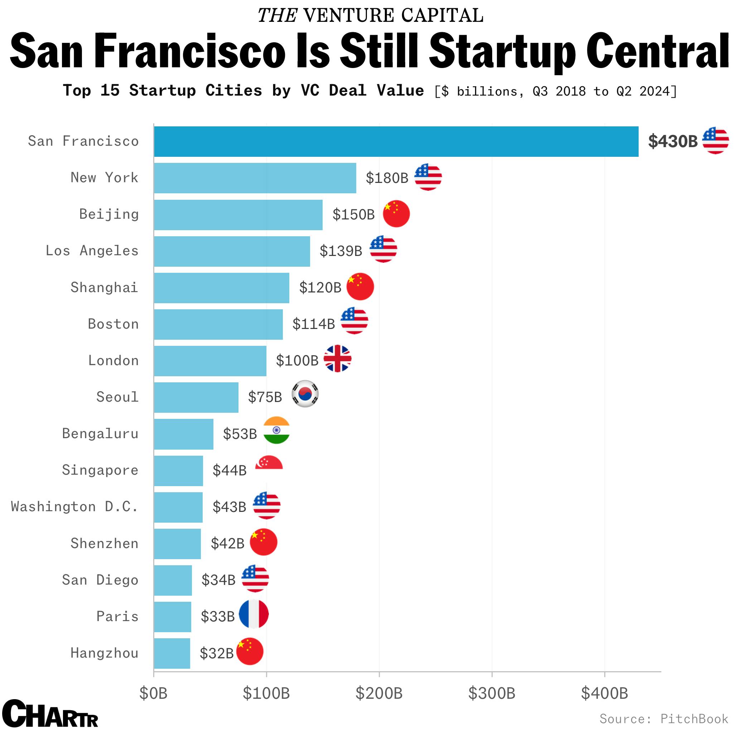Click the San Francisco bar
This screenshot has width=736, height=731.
[396, 141]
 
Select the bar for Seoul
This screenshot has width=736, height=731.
[196, 397]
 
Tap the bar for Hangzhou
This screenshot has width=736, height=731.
[172, 653]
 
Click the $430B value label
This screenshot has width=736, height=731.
[673, 141]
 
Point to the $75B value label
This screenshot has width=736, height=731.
[265, 397]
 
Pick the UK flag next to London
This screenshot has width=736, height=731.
[337, 359]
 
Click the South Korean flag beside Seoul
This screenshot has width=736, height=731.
[305, 394]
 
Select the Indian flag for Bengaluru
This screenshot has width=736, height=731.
[277, 430]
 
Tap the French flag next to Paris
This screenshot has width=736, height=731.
[254, 614]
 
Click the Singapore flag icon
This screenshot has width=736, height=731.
[269, 463]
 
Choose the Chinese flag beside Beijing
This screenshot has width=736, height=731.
[396, 214]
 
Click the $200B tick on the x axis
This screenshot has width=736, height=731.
[379, 693]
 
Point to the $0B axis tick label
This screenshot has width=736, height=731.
[153, 693]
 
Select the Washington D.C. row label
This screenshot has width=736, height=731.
[75, 507]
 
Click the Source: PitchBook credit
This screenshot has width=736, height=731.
[664, 719]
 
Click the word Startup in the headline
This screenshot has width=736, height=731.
[502, 52]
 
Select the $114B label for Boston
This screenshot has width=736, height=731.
[314, 324]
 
